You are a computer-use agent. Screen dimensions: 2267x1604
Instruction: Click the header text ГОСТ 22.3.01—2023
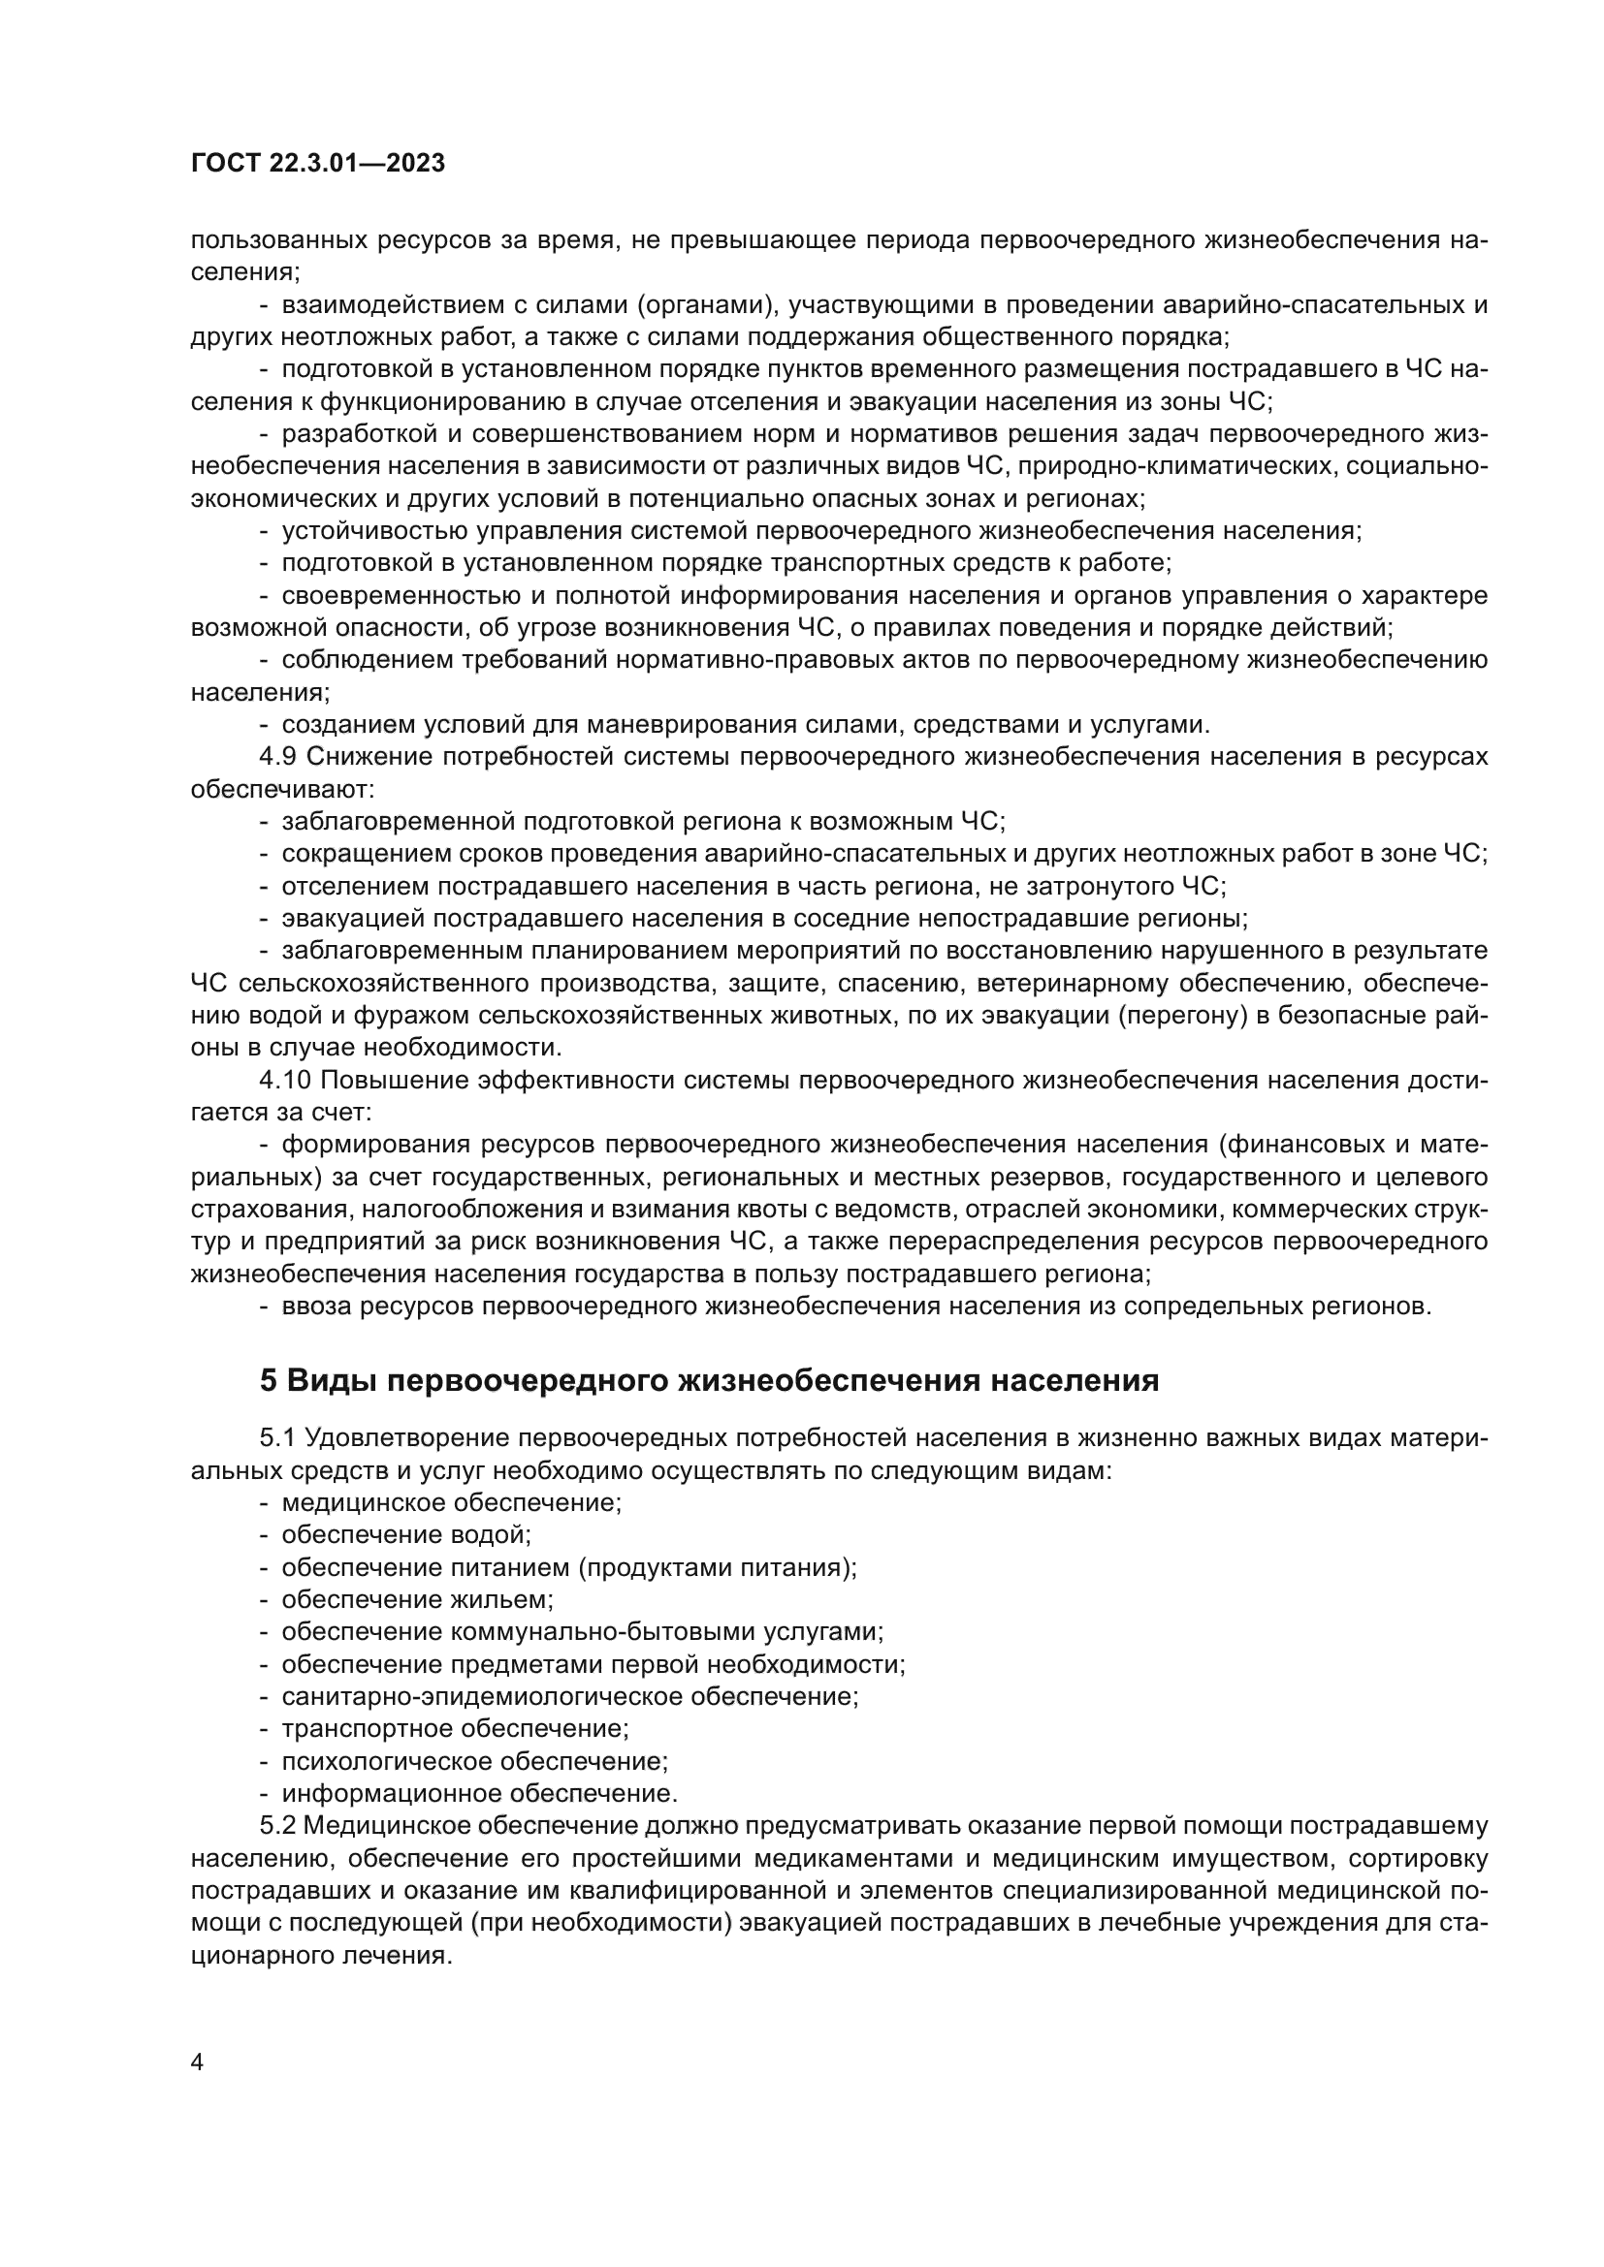317,164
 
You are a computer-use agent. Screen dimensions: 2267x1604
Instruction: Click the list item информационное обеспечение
479,1793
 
